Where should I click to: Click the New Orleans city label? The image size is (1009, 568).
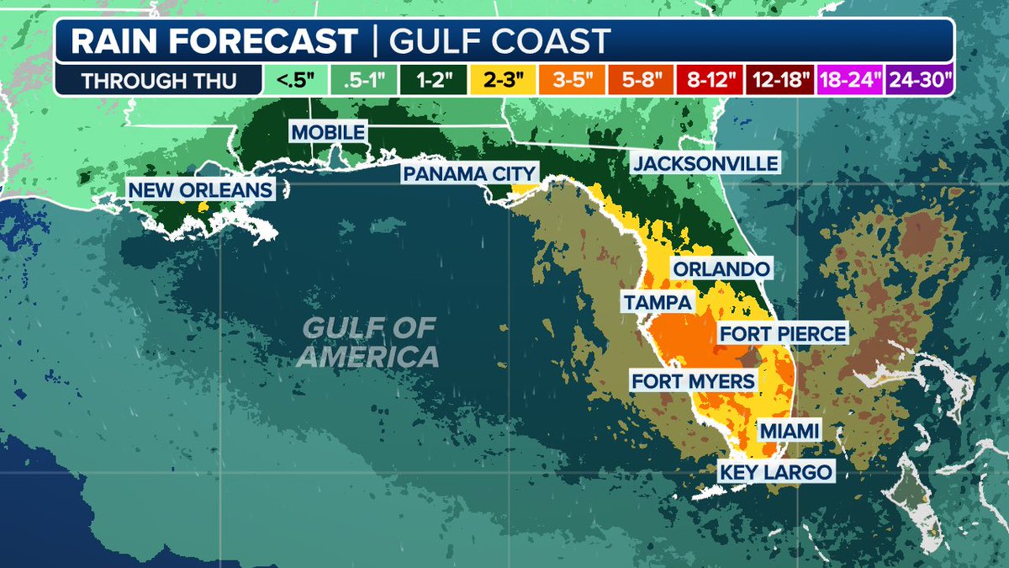click(x=201, y=190)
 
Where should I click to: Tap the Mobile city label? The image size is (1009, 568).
click(x=328, y=132)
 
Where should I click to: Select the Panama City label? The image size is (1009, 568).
click(x=468, y=173)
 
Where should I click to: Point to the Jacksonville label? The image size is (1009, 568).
click(x=705, y=163)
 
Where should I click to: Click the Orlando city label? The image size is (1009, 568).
click(x=721, y=269)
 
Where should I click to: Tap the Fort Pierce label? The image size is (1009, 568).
click(x=782, y=334)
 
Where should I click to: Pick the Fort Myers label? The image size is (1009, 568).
click(x=694, y=381)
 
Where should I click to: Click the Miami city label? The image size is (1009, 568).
click(x=789, y=431)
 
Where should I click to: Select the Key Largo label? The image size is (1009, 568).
click(x=775, y=472)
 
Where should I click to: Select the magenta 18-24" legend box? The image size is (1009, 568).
click(x=848, y=82)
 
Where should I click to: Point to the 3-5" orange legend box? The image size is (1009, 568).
click(x=577, y=82)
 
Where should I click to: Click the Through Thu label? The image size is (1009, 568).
click(x=159, y=82)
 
